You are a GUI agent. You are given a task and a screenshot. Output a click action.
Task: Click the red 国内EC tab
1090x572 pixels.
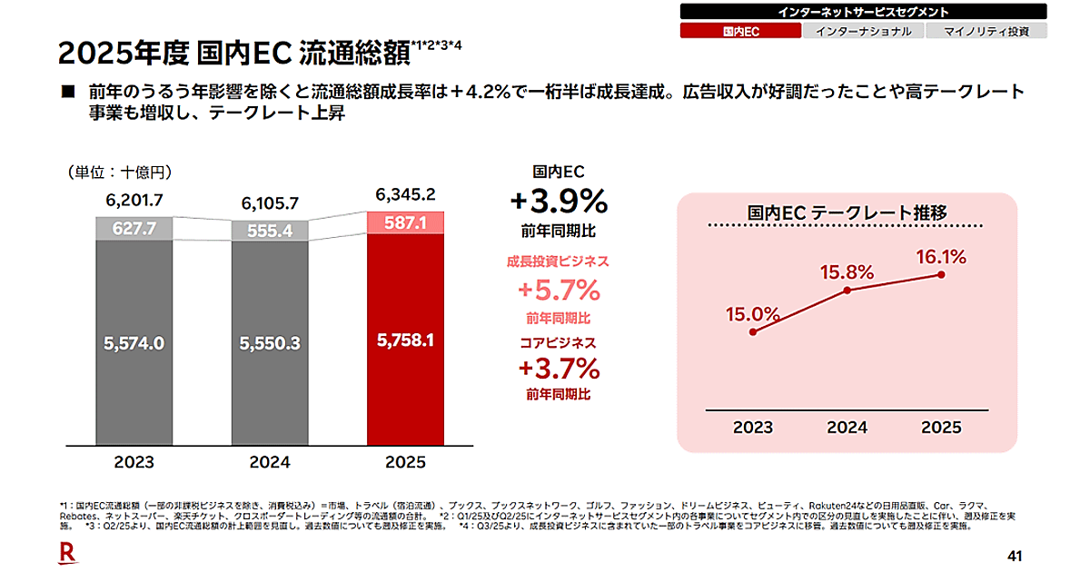740,31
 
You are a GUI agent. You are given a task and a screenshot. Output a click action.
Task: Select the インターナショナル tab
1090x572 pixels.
863,31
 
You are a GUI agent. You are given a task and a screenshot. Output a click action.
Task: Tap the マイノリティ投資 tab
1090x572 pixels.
986,31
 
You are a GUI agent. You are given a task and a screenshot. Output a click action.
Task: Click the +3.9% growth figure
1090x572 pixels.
558,200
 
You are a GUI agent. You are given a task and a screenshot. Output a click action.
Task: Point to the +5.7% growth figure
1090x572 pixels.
558,291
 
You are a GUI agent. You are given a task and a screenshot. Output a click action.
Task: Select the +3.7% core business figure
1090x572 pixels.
558,369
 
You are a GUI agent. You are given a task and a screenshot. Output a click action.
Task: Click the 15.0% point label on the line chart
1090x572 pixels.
752,314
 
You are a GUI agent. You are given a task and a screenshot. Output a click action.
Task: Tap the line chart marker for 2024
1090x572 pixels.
847,291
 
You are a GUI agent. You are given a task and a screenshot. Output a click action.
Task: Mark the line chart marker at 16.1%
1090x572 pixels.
942,274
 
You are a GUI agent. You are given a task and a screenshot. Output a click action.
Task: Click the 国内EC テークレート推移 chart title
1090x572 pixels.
847,212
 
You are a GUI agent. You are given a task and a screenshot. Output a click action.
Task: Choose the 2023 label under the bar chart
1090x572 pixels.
134,462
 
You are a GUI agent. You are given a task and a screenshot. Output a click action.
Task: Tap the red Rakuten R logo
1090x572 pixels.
66,551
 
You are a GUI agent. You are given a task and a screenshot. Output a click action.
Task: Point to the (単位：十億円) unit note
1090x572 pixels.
119,172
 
